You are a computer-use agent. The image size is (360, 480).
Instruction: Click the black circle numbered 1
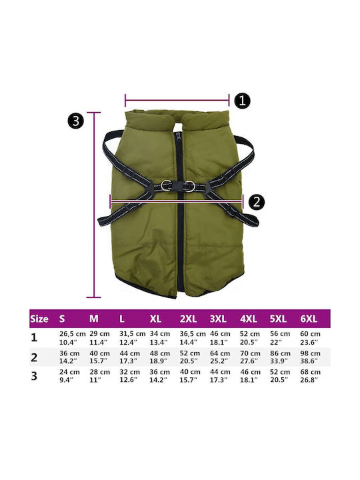[x=242, y=101]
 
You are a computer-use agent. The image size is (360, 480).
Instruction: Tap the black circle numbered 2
[x=256, y=202]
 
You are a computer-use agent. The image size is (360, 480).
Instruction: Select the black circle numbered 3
[x=75, y=121]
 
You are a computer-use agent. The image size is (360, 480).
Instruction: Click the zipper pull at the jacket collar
[x=178, y=135]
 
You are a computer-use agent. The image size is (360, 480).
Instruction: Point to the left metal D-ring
[x=165, y=185]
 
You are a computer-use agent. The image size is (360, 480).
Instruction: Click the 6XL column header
[x=309, y=319]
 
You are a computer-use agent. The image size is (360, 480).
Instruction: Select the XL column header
[x=155, y=319]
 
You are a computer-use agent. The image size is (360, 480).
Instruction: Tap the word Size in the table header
[x=39, y=319]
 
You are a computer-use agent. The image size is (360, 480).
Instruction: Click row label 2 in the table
[x=34, y=357]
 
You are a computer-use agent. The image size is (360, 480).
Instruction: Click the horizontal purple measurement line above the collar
[x=177, y=100]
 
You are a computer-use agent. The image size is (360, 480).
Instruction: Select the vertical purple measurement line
[x=94, y=205]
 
